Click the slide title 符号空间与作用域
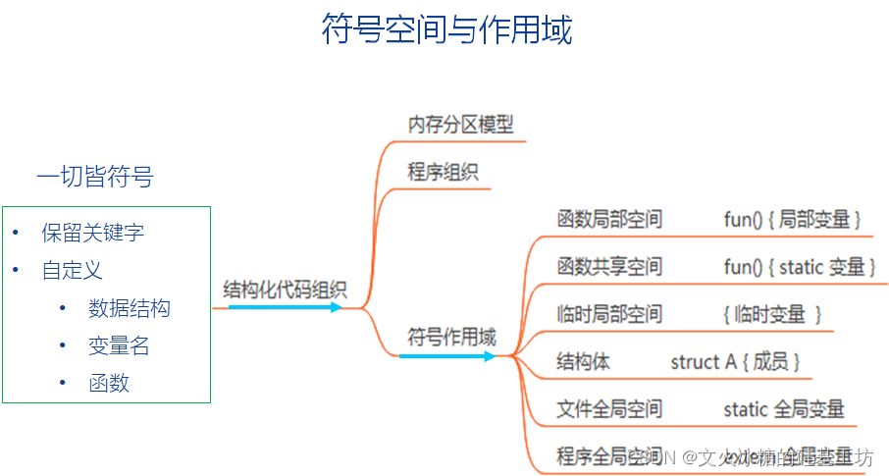click(x=446, y=29)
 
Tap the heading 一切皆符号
click(x=95, y=178)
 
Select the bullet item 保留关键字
click(x=93, y=233)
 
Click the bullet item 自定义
click(x=73, y=270)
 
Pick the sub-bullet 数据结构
click(x=129, y=308)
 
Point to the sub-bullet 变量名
click(x=119, y=345)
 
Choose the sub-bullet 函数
click(x=109, y=383)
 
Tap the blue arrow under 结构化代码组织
click(x=285, y=307)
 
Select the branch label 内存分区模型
click(x=460, y=125)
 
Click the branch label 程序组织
click(x=443, y=173)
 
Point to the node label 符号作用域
click(x=451, y=337)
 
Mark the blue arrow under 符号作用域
click(x=447, y=355)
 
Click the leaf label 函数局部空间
click(x=609, y=219)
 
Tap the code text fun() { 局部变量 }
click(x=792, y=219)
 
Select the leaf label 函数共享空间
click(x=609, y=267)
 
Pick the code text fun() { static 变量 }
click(x=799, y=267)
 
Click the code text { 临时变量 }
click(x=771, y=314)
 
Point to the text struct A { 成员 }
click(x=735, y=361)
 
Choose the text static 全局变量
click(x=783, y=408)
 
